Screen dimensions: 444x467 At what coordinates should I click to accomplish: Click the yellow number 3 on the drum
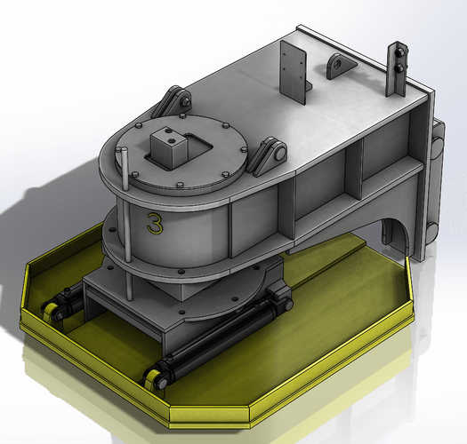(155, 222)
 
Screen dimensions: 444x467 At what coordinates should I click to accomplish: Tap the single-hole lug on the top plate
(339, 66)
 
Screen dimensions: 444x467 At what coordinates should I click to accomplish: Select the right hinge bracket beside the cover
(270, 157)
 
